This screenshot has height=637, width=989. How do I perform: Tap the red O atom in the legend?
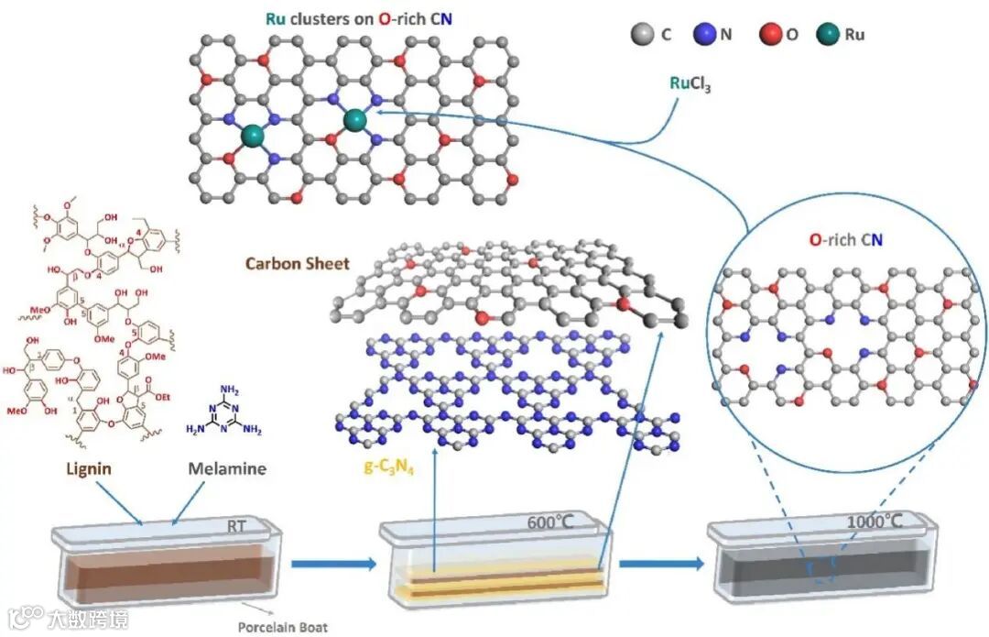[x=769, y=36]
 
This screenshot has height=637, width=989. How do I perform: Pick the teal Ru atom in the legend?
[x=829, y=36]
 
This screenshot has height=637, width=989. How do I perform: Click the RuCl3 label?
[x=690, y=84]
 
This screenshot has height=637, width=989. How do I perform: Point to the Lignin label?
[x=90, y=468]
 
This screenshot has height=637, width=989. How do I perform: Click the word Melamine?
[x=227, y=468]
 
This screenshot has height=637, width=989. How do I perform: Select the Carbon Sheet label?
[x=297, y=263]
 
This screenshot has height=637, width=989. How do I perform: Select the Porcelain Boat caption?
[x=282, y=628]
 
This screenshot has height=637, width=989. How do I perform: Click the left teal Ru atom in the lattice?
[x=251, y=137]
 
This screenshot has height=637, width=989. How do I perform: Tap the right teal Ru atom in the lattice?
[x=355, y=119]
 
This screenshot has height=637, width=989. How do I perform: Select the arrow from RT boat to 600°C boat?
[x=333, y=564]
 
